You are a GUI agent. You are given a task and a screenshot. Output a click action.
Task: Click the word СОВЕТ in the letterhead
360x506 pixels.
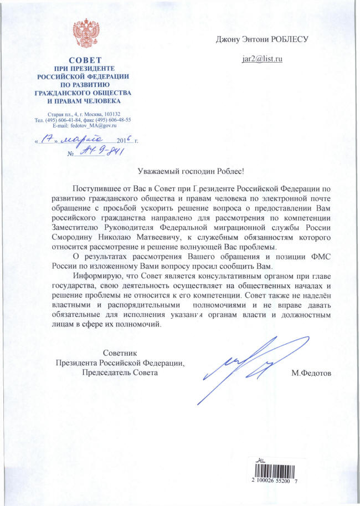click(85, 60)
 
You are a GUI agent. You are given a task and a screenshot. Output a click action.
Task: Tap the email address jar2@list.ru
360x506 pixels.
click(263, 58)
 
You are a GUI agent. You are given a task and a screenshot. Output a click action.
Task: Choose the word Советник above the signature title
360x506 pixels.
click(119, 353)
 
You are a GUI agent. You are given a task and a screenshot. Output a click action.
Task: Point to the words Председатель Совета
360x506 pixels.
click(119, 373)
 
